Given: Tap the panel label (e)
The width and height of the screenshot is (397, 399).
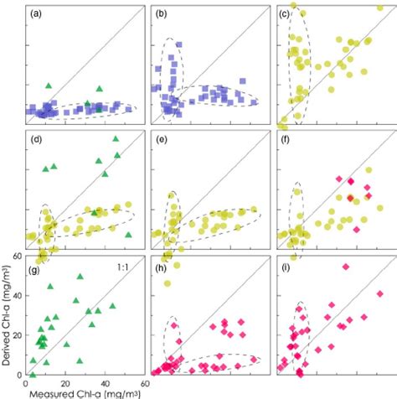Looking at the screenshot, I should [x=162, y=140].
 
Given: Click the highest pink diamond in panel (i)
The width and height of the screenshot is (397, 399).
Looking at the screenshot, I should [x=344, y=267].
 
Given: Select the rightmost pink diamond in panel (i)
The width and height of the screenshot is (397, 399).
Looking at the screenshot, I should [x=379, y=294].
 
